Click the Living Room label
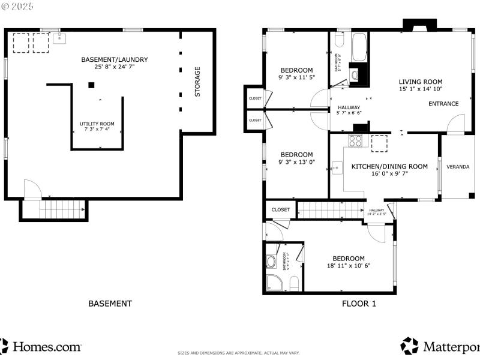coord(421,82)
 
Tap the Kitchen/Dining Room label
coord(389,167)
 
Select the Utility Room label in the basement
coord(97,124)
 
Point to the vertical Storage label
coord(197,82)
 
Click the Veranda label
coord(458,167)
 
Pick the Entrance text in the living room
coord(443,104)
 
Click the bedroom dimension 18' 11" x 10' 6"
coord(349,266)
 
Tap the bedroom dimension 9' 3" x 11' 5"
coord(296,78)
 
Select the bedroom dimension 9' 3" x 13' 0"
coord(296,162)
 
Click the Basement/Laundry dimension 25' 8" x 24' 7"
coord(114,67)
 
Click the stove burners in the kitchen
coord(355,141)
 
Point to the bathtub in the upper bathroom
coord(359,46)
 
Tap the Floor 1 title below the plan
coord(359,304)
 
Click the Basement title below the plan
coord(110,304)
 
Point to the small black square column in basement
coord(91,85)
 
